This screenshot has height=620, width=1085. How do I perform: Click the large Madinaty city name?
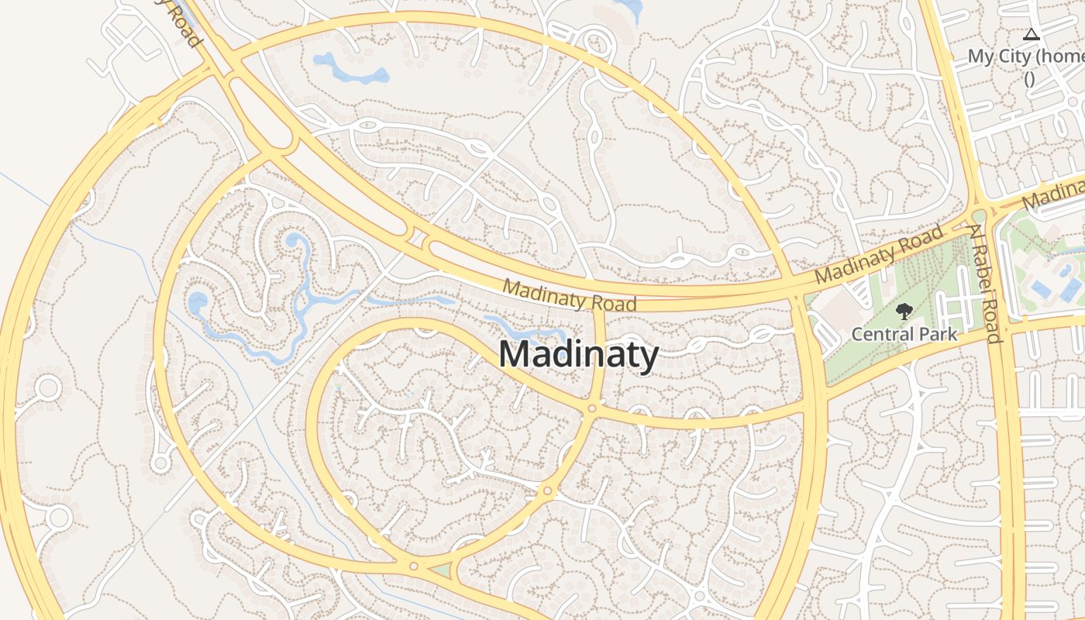tap(578, 354)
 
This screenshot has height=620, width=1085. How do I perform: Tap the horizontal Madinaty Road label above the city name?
tap(570, 294)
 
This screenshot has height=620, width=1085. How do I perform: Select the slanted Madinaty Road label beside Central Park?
tap(880, 253)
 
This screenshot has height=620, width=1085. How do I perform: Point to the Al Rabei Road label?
tap(983, 283)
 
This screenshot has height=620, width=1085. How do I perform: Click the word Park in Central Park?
tap(934, 335)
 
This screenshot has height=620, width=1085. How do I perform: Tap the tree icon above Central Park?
tap(904, 312)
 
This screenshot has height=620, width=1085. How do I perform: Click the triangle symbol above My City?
tap(1030, 34)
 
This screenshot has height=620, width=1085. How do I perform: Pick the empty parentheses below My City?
tap(1029, 78)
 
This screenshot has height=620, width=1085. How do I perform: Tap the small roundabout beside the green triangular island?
tap(414, 567)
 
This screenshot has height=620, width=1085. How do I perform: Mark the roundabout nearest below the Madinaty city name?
tap(592, 408)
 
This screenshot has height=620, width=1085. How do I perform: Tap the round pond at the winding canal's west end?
tap(198, 301)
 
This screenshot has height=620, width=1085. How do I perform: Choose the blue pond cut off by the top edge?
tap(629, 8)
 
